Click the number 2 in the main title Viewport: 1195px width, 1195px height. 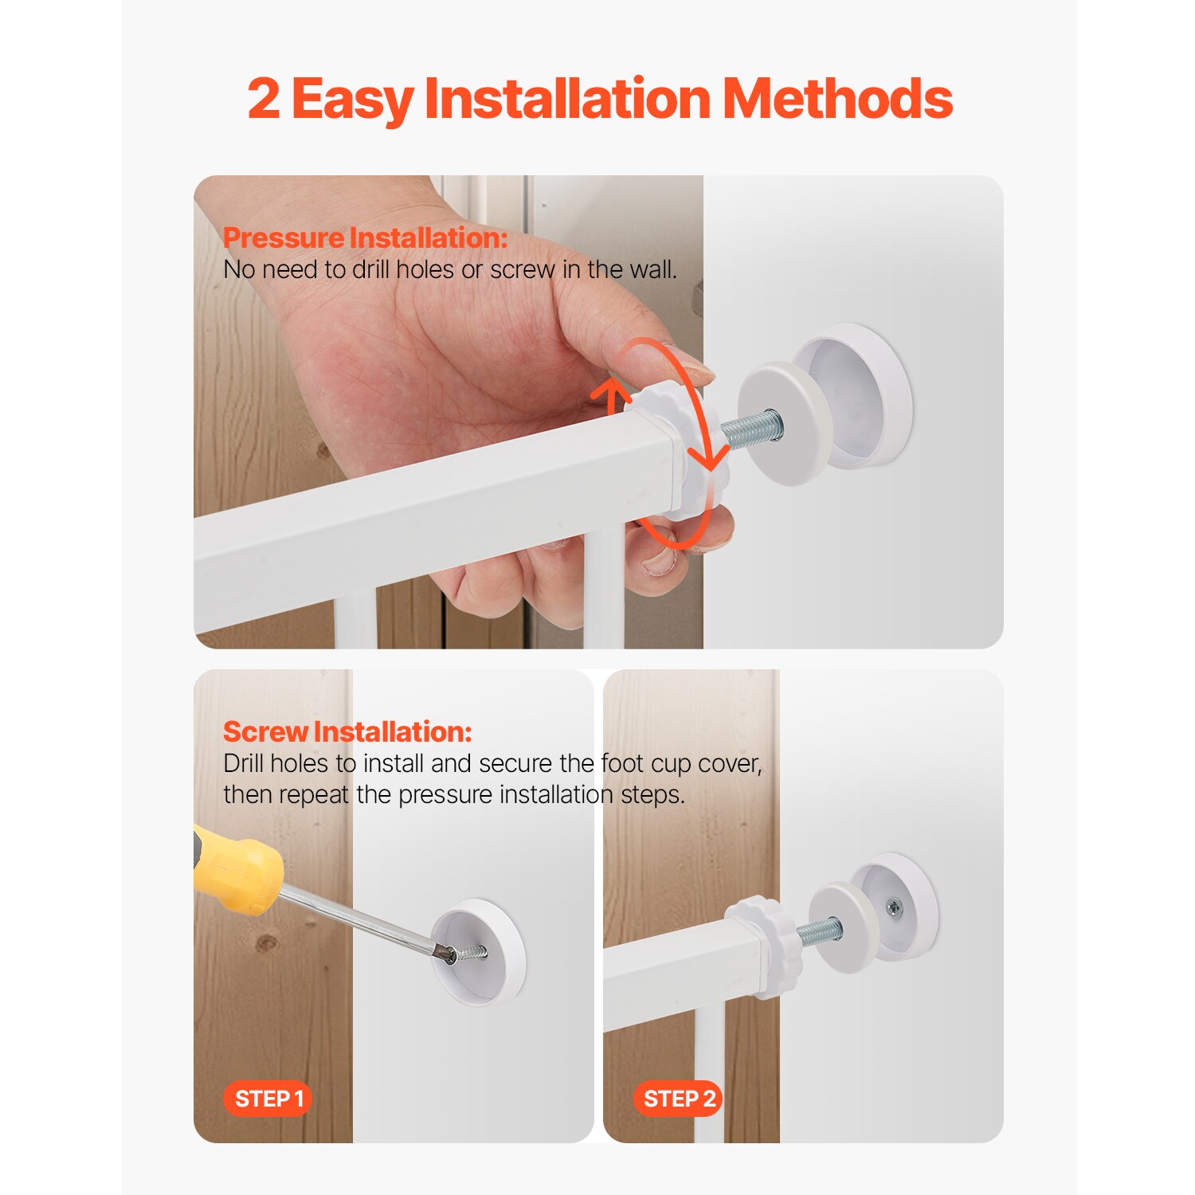[264, 100]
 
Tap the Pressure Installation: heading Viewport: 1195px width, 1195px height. [365, 237]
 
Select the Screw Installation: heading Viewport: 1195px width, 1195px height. [347, 731]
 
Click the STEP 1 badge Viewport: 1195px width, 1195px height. [268, 1099]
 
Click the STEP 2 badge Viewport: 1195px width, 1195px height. [678, 1099]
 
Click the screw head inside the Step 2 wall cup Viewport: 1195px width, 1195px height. [894, 906]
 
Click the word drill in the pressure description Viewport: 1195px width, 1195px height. [371, 270]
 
